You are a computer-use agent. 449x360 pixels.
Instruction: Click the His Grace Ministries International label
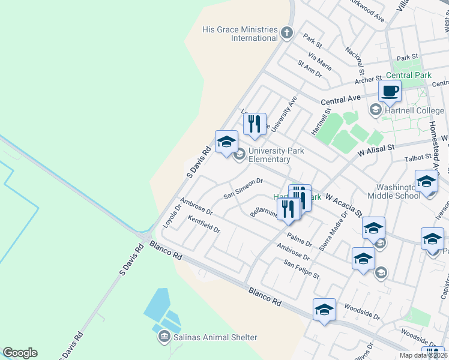[240, 34]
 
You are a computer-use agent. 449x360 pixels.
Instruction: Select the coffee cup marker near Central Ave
[390, 92]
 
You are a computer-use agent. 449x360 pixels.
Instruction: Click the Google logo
[20, 353]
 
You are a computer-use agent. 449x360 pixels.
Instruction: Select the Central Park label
[409, 76]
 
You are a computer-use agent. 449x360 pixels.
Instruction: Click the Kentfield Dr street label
[204, 225]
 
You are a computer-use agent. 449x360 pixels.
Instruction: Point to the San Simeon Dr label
[243, 188]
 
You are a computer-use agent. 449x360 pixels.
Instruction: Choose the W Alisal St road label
[375, 149]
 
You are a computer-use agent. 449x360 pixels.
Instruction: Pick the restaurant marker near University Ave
[255, 124]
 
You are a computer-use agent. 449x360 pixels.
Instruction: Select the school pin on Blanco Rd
[324, 310]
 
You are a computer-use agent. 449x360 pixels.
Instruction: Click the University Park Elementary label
[269, 155]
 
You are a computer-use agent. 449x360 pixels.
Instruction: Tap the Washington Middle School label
[390, 191]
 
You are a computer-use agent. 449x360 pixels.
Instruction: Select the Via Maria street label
[319, 61]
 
